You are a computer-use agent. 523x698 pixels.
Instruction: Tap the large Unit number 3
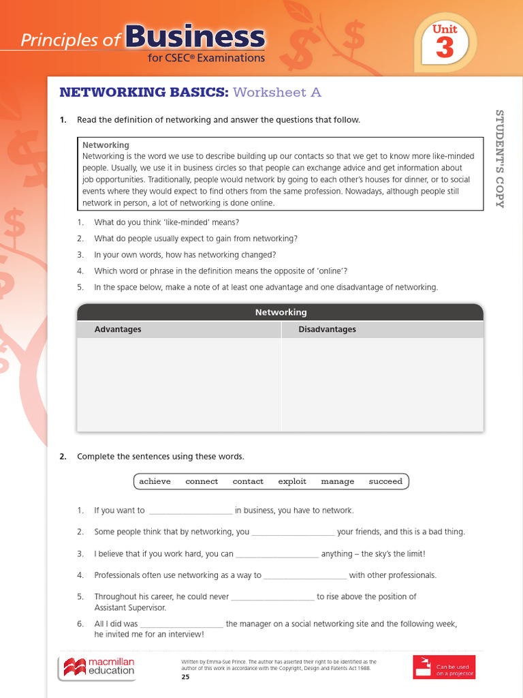click(x=445, y=48)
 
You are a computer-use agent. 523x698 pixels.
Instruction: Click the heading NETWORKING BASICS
click(x=144, y=92)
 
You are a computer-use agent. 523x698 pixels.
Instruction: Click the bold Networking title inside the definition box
click(x=106, y=145)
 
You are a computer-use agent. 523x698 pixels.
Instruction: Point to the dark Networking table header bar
click(x=281, y=312)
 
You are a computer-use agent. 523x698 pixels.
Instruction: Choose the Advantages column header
click(x=118, y=329)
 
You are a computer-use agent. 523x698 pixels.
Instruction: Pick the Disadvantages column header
click(x=327, y=329)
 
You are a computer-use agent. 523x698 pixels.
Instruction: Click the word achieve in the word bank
click(x=155, y=481)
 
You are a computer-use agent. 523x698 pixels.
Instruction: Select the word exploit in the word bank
click(x=292, y=481)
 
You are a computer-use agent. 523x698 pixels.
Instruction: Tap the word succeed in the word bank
click(x=385, y=481)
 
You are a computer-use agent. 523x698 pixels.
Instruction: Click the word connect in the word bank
click(x=202, y=481)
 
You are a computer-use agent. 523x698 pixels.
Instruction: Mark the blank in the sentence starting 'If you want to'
click(x=190, y=511)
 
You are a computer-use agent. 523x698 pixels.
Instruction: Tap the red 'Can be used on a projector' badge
click(x=444, y=667)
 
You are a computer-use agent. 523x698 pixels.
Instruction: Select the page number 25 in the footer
click(x=185, y=677)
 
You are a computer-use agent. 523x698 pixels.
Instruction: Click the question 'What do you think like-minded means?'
click(x=166, y=222)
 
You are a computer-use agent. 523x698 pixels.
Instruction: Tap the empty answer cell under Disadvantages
click(x=382, y=384)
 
